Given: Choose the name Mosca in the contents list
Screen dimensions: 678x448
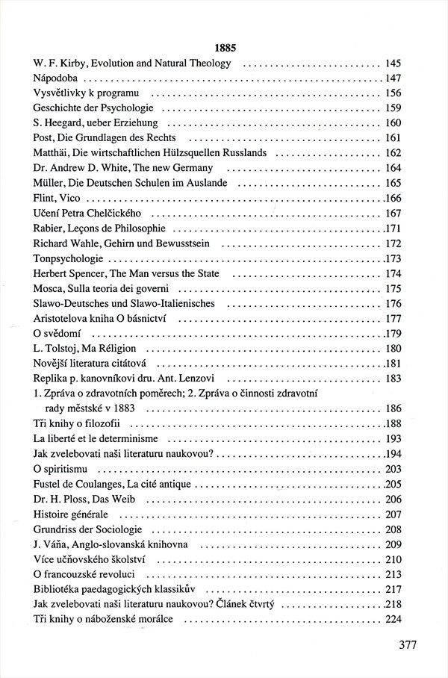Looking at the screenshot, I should point(49,289).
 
